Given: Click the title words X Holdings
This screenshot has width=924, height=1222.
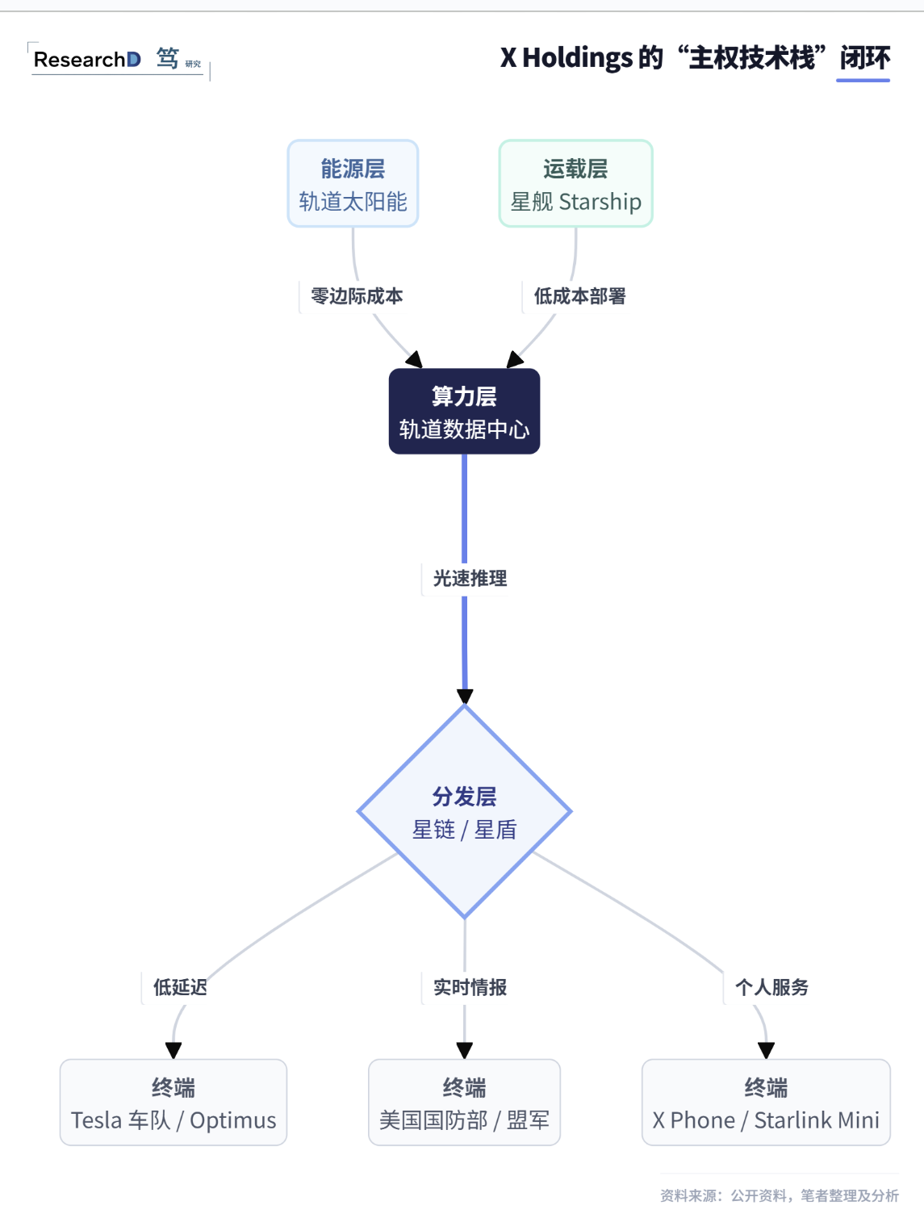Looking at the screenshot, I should (x=566, y=58).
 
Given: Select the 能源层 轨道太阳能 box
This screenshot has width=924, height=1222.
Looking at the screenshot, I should (x=353, y=184).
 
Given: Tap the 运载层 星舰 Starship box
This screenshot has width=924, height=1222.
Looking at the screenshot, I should (x=575, y=184).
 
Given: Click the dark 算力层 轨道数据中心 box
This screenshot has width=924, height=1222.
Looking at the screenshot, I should (x=464, y=412).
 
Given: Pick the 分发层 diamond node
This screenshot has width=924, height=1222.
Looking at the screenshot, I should (x=464, y=812).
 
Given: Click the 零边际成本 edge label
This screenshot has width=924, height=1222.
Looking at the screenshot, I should (x=357, y=296).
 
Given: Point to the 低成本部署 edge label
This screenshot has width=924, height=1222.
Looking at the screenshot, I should (x=579, y=296).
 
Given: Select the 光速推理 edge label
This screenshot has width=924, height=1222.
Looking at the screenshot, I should (x=470, y=578).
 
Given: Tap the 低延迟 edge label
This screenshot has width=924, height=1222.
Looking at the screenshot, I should (x=180, y=987).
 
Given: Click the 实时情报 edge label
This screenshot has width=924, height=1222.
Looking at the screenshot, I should (x=470, y=987).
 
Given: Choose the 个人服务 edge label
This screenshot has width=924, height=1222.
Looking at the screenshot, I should (x=771, y=987).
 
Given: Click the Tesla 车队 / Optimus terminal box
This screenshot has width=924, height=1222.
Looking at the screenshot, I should (x=174, y=1103).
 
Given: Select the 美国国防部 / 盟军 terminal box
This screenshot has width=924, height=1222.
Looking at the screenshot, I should (x=464, y=1103).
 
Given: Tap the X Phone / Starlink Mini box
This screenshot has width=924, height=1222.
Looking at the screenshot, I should (x=766, y=1103).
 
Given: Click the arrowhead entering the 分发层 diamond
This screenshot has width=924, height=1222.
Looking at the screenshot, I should (x=465, y=697).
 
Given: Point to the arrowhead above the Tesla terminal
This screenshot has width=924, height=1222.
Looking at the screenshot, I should (x=174, y=1050).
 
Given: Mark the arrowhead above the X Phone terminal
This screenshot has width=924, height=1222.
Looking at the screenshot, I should (x=766, y=1050).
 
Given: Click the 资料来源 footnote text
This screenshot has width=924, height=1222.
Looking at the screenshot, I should (x=779, y=1195).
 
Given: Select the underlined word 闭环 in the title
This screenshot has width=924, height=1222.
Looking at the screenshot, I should (x=864, y=58).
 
